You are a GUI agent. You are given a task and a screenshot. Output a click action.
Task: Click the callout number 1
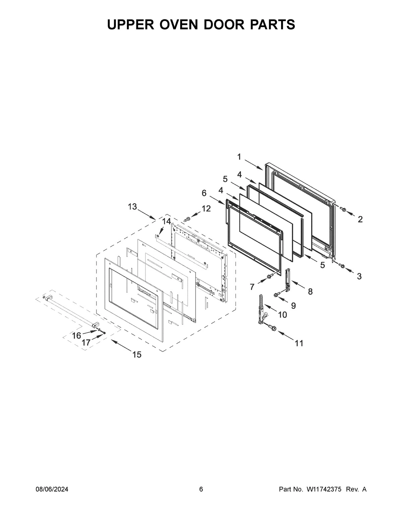(x=239, y=157)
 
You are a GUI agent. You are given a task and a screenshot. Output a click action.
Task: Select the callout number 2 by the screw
(x=360, y=219)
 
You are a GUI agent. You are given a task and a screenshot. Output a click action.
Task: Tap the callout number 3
(x=359, y=276)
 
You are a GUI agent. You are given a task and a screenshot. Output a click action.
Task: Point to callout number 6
(x=204, y=193)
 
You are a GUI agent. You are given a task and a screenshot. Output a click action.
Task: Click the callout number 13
(x=132, y=207)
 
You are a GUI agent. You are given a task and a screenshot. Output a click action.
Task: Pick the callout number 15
(x=137, y=355)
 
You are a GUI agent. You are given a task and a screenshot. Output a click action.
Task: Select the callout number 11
(x=298, y=343)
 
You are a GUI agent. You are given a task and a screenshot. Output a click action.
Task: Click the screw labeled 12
(x=187, y=219)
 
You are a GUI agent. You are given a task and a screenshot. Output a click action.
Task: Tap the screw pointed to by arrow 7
(x=269, y=276)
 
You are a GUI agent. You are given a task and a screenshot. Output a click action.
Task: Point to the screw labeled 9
(x=277, y=294)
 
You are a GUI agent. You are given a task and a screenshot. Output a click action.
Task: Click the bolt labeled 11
(x=272, y=328)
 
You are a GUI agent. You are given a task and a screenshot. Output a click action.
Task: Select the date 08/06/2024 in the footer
(x=52, y=490)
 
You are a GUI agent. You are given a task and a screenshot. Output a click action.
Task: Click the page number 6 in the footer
(x=201, y=490)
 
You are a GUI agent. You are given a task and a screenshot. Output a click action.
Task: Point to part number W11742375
(x=324, y=490)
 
